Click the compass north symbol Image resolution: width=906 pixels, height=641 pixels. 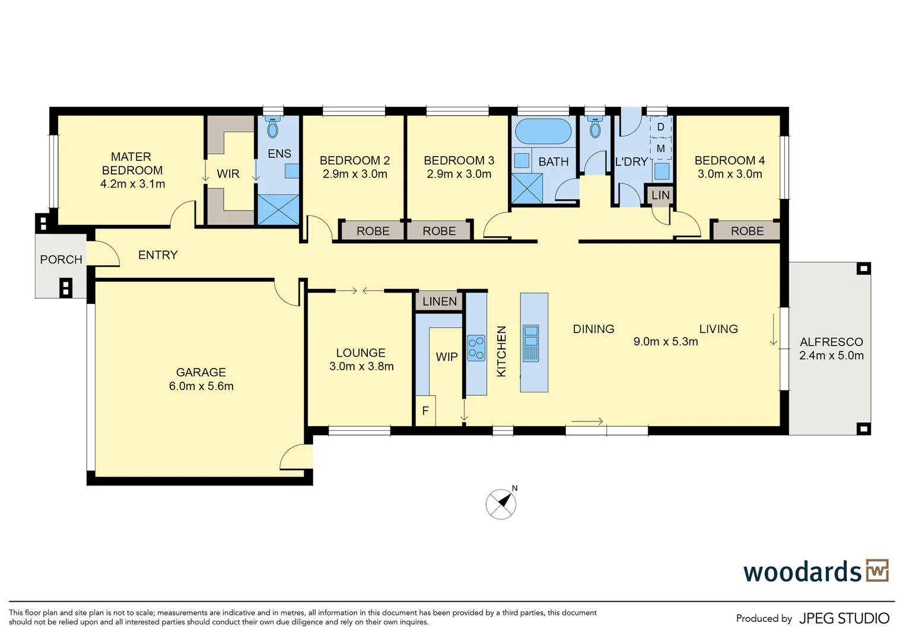501,504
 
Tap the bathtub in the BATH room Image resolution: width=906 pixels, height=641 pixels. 543,131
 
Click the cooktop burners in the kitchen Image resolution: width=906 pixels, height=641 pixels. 476,348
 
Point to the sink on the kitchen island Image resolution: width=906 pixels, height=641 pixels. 531,343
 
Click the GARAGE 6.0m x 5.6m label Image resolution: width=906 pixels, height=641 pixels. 201,379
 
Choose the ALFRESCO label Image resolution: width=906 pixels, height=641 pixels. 831,342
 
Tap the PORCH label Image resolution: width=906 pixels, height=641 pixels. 61,259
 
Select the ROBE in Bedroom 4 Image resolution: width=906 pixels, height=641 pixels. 746,231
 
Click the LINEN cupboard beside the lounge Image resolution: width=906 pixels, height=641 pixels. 440,302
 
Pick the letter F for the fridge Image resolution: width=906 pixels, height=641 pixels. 425,411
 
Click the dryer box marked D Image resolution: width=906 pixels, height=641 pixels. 660,127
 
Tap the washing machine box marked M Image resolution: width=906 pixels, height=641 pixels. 660,149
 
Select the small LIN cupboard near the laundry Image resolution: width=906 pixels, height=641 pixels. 660,195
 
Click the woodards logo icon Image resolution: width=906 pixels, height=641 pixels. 877,570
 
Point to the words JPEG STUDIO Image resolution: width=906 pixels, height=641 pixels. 844,618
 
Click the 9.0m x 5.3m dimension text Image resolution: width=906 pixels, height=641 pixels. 666,342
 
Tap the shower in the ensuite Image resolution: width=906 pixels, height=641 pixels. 278,210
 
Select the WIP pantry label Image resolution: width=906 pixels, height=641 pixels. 446,357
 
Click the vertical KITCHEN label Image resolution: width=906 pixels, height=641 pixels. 501,351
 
